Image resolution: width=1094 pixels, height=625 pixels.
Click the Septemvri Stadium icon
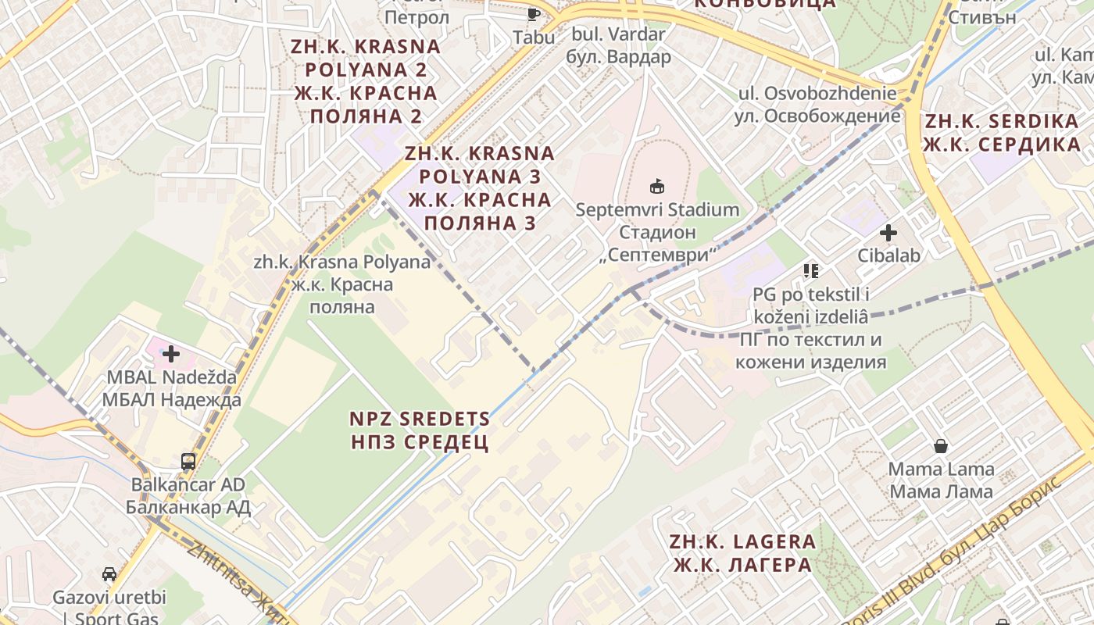(657, 186)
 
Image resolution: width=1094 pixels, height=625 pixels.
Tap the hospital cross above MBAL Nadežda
(170, 354)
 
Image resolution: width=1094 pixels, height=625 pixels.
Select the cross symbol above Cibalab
(888, 232)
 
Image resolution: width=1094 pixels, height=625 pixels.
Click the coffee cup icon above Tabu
(534, 14)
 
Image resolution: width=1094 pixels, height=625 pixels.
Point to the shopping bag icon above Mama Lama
(942, 446)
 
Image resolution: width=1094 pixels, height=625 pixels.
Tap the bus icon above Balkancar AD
(188, 461)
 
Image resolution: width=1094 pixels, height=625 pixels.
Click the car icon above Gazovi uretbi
(109, 574)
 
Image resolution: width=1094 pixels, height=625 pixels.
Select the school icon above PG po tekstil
(810, 271)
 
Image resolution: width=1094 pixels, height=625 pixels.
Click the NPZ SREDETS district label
(420, 430)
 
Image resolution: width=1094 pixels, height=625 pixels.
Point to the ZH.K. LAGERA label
(742, 552)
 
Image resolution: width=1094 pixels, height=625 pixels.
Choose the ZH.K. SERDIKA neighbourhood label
(1002, 133)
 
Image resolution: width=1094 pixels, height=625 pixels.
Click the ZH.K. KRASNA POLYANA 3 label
(480, 187)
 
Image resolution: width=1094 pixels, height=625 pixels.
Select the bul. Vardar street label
(618, 45)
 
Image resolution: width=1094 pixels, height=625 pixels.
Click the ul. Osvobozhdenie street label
(817, 105)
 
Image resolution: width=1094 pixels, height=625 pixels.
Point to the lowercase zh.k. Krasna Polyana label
(341, 284)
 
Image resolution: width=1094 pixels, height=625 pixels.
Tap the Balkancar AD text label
(188, 495)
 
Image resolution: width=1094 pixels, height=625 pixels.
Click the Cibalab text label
(888, 255)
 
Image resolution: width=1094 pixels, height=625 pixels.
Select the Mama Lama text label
(942, 480)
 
